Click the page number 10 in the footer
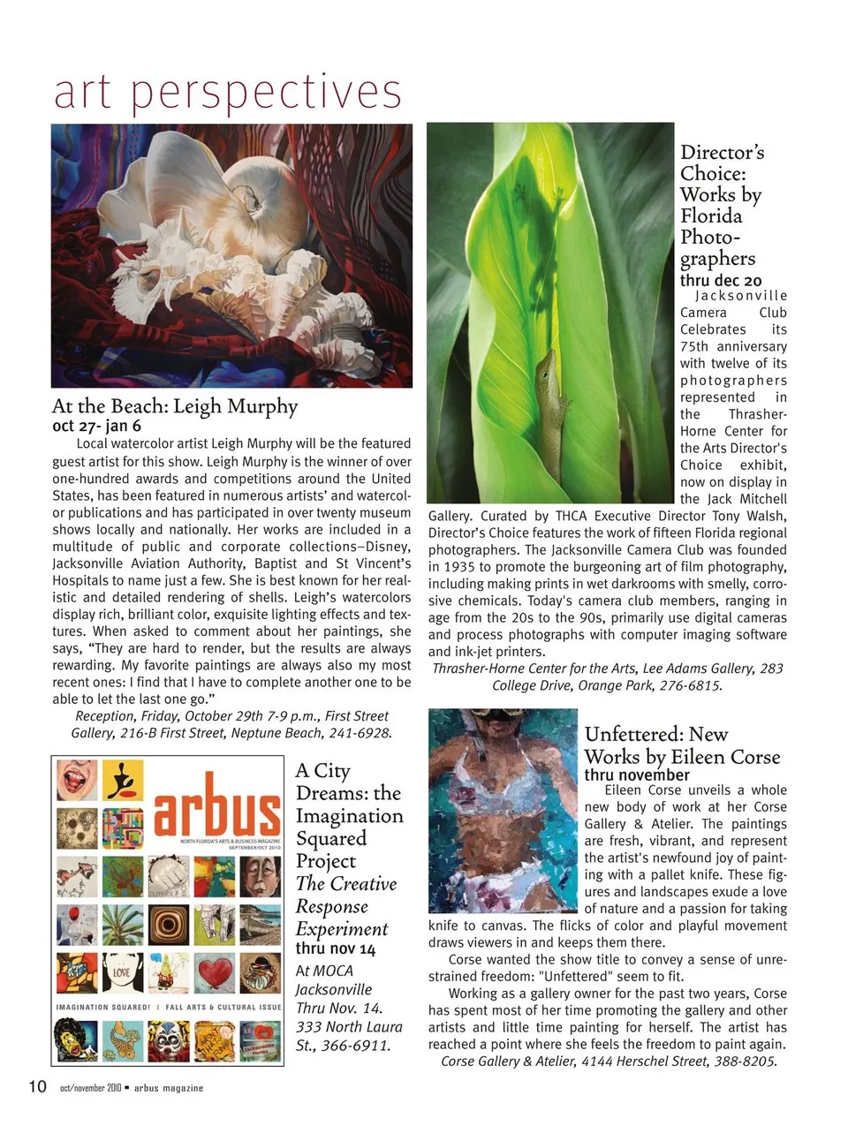pos(37,1085)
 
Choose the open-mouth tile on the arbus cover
pos(77,780)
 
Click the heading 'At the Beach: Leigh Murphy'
pos(175,406)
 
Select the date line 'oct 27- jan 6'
pos(96,426)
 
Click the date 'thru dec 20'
pos(720,280)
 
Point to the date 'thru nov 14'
pos(335,948)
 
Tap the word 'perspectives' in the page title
pos(266,92)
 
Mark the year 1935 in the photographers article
pos(460,567)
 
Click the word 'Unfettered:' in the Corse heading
pos(632,734)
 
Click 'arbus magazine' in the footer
pos(169,1088)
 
